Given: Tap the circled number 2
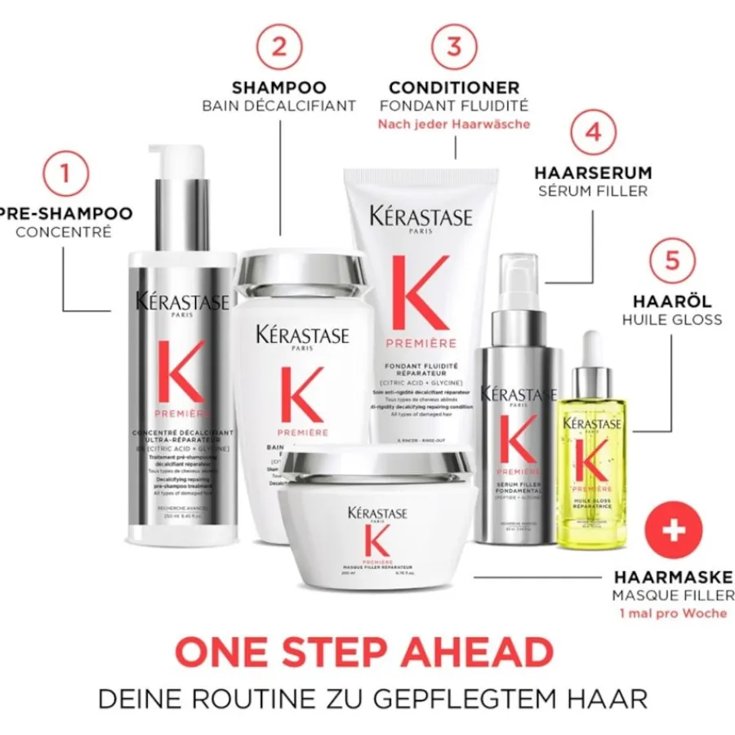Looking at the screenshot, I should coord(279,46).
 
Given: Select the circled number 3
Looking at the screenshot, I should coord(453,46).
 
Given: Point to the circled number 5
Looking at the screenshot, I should coord(672,260).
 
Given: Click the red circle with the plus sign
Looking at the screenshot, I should coord(674,531).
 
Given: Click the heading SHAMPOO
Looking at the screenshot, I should coord(279,87).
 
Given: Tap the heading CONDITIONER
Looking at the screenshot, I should coord(453,87).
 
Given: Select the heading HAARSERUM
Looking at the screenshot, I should coord(592,173).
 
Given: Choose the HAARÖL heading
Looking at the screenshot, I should coord(672,301).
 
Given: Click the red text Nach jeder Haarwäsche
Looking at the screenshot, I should coord(453,124).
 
